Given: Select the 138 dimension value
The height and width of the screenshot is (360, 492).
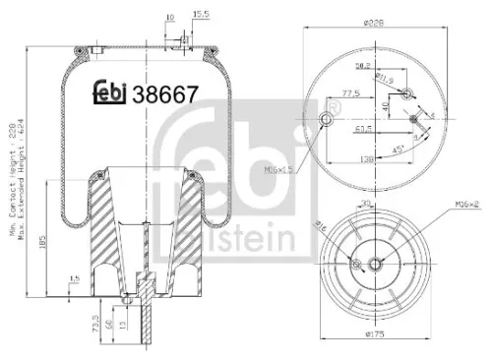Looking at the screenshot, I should click(367, 159).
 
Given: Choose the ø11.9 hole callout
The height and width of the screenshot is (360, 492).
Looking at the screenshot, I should click(389, 73).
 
